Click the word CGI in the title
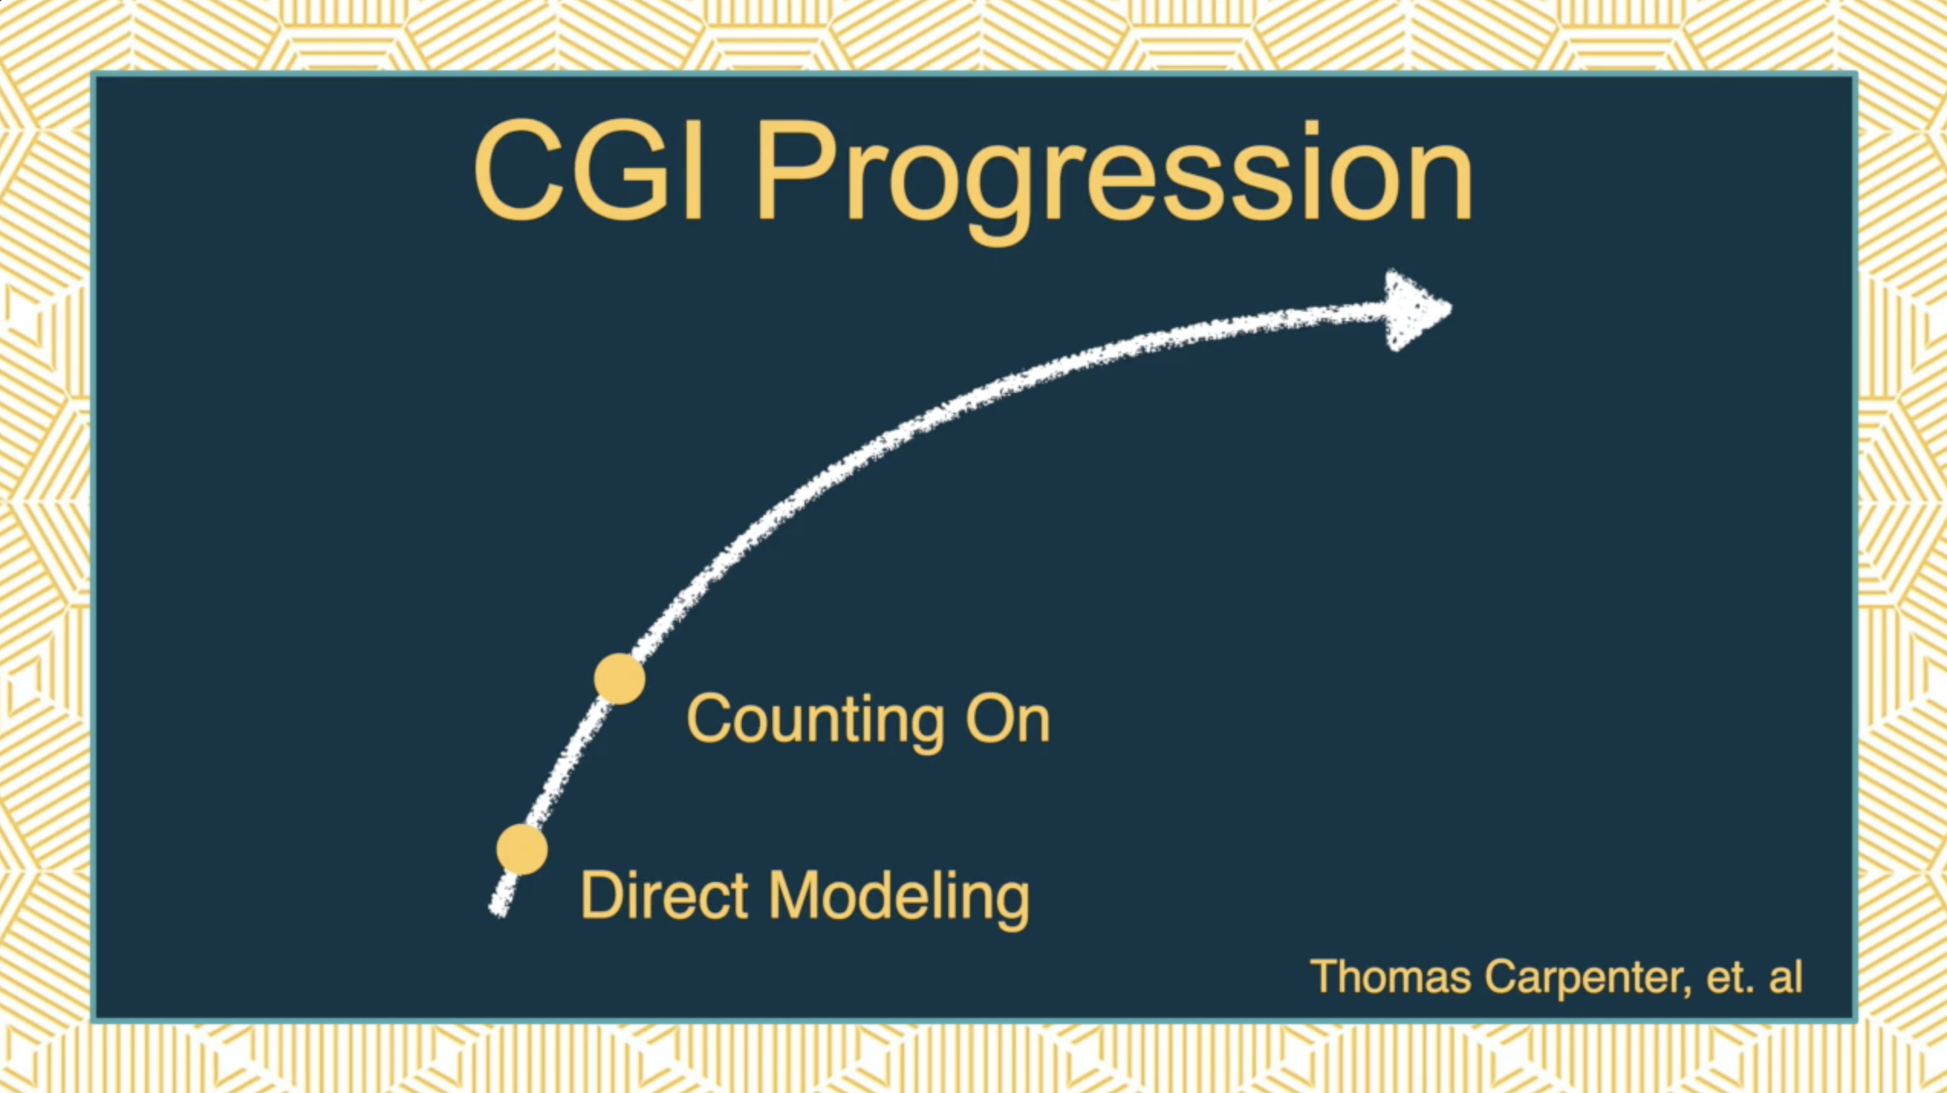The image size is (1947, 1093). tap(588, 171)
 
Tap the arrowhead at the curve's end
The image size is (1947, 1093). tap(1417, 310)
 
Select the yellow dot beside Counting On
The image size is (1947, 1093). tap(619, 679)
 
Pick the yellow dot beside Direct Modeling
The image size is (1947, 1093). tap(522, 849)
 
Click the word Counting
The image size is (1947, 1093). tap(815, 720)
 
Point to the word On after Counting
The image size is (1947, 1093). tap(1008, 718)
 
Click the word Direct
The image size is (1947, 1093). tap(664, 895)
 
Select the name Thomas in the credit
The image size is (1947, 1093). tap(1391, 976)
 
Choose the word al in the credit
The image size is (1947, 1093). tap(1786, 976)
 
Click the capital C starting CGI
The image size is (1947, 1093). tap(517, 171)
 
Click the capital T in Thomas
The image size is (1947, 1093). tap(1325, 977)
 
